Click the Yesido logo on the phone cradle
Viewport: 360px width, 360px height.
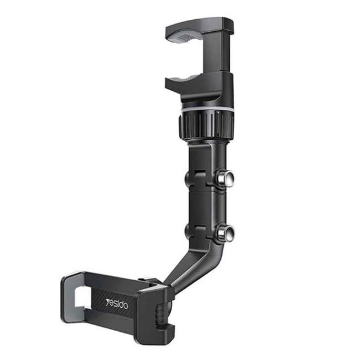pos(117,304)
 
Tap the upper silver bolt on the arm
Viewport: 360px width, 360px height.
pos(225,178)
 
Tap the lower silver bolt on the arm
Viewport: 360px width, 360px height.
pos(226,232)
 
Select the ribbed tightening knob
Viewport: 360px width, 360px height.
pos(206,125)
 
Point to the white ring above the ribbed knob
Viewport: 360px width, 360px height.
pos(206,108)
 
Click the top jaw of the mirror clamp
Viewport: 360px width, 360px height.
pos(199,27)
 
